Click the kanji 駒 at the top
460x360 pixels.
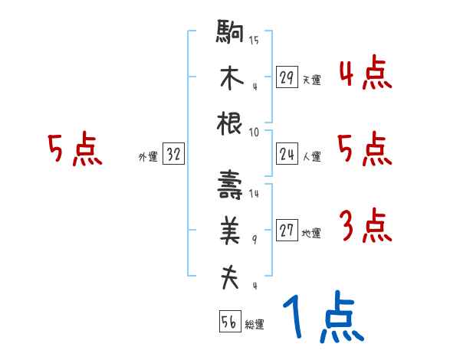pos(230,34)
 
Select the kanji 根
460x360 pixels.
pos(230,123)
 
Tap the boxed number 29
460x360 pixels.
pos(287,77)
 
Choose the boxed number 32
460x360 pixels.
pos(173,155)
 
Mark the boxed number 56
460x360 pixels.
pos(229,322)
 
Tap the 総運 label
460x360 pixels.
pos(254,325)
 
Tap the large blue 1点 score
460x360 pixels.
pos(322,316)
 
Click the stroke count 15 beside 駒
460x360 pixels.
pos(254,41)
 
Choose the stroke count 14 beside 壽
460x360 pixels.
pos(254,194)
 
